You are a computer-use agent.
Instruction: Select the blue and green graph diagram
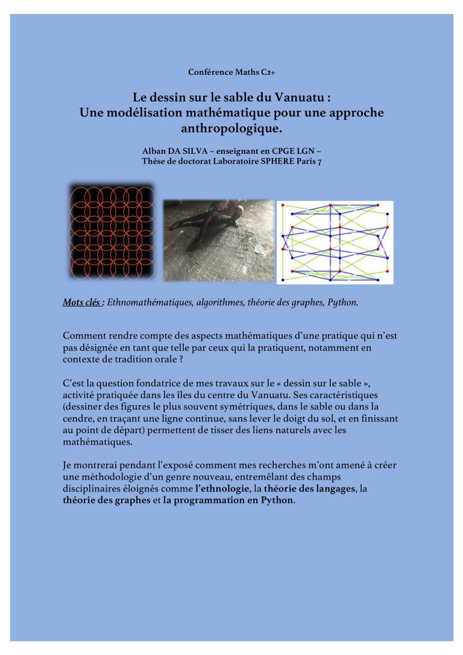(335, 242)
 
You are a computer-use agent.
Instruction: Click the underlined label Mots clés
(82, 302)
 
